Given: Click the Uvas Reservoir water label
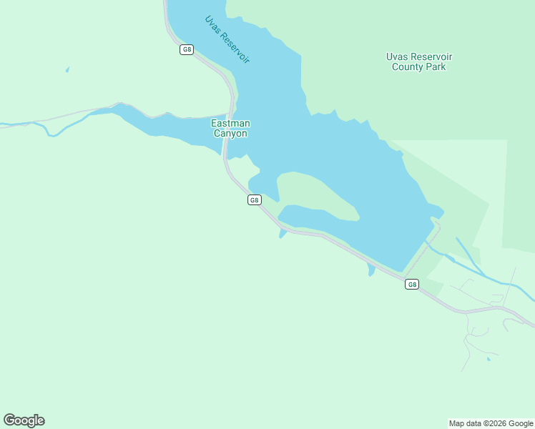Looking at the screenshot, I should (227, 40).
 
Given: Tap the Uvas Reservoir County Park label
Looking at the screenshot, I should (418, 61).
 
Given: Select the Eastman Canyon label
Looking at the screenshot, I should (229, 129).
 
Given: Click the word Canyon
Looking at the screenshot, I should (229, 134).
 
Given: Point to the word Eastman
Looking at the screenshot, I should (229, 124).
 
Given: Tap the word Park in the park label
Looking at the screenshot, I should (434, 66).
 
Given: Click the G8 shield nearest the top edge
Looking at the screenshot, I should (186, 49).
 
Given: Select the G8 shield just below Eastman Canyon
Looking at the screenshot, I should (254, 200).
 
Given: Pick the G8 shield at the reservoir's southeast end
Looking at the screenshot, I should (411, 285).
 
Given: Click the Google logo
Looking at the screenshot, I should (24, 420).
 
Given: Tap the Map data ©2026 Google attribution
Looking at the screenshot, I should (491, 423).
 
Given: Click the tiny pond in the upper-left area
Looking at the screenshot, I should (67, 69).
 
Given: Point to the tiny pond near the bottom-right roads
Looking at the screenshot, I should (489, 358).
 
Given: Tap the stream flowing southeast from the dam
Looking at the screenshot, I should (479, 270).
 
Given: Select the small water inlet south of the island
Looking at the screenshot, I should (283, 235).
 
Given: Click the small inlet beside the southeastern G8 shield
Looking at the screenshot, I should (371, 270).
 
